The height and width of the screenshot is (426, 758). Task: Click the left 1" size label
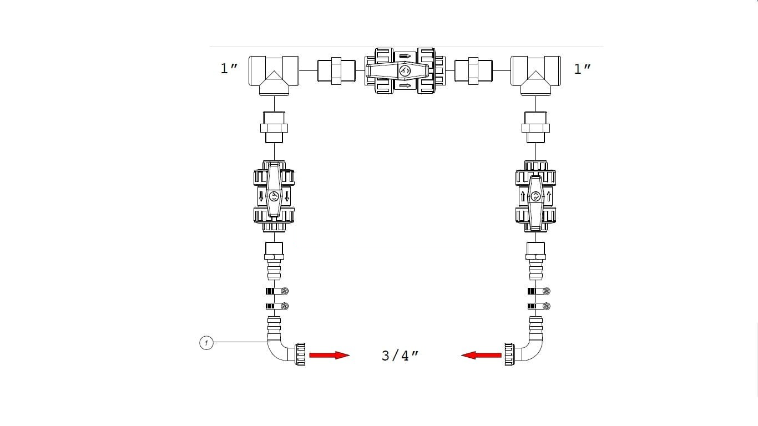[x=229, y=69]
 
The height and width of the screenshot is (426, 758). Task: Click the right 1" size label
[x=583, y=69]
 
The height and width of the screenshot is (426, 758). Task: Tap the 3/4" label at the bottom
[x=400, y=356]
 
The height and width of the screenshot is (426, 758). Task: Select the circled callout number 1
[x=206, y=343]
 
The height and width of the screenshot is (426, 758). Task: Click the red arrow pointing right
[x=329, y=355]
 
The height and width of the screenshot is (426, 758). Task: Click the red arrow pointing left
[x=481, y=355]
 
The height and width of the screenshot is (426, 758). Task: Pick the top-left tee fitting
[x=274, y=75]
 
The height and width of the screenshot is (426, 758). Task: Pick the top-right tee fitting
[x=535, y=75]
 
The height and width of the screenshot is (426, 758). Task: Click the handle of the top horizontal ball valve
[x=398, y=71]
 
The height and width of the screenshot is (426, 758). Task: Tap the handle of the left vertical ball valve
[x=274, y=190]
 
